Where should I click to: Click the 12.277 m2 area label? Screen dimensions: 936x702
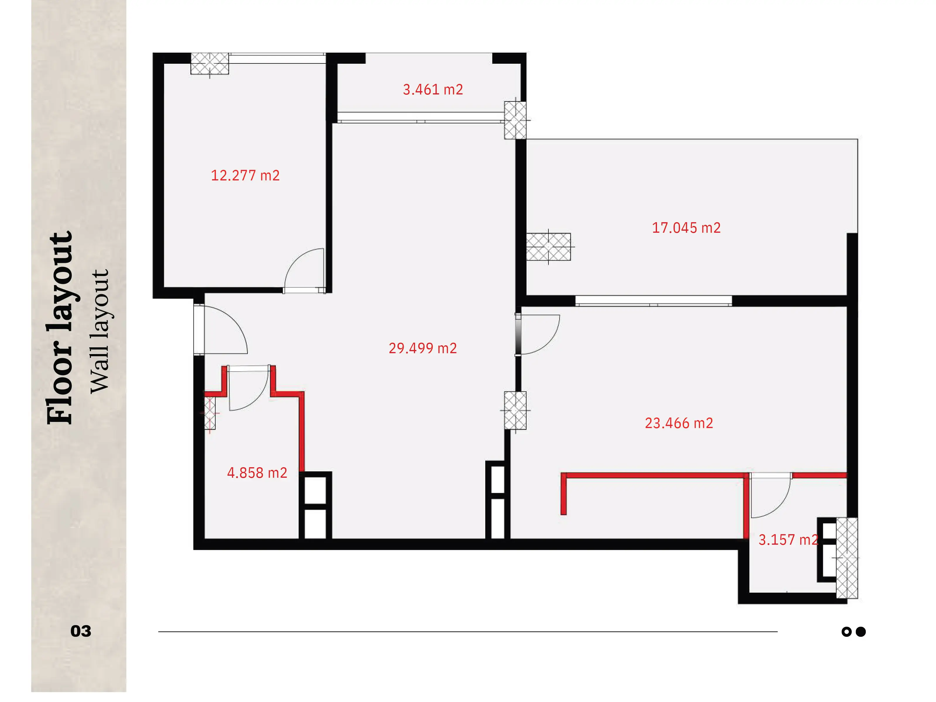(x=245, y=175)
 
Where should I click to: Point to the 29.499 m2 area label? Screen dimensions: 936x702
(x=423, y=348)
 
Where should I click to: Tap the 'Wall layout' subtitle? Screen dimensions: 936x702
(x=100, y=331)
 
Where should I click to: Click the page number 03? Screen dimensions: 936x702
(x=81, y=631)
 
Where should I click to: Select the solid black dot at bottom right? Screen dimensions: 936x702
(x=861, y=632)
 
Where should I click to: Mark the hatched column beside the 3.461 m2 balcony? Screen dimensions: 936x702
(x=515, y=120)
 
